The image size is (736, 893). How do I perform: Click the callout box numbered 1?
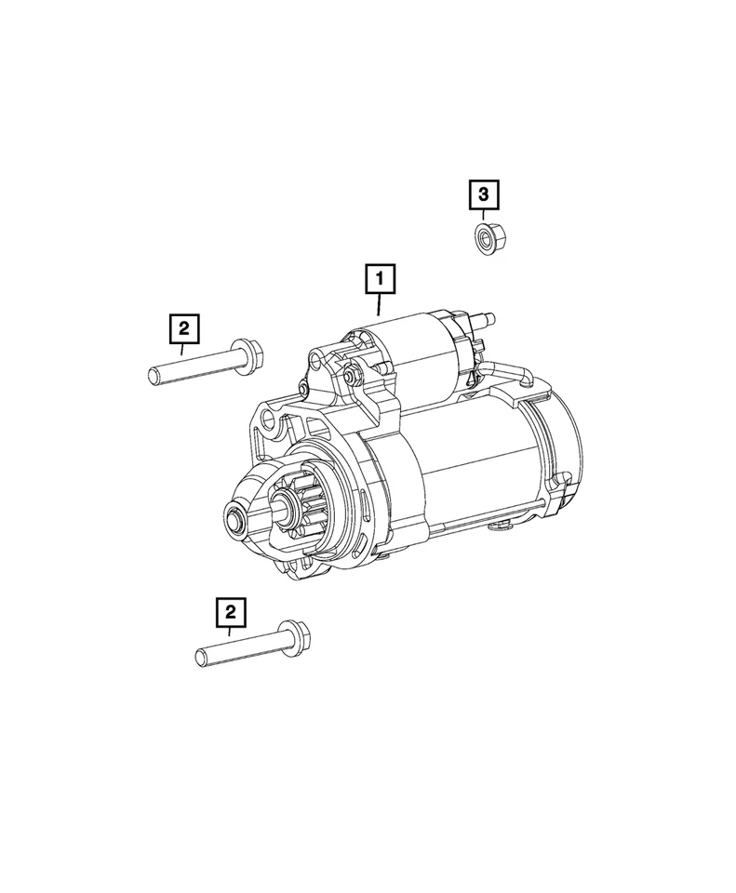[x=380, y=278]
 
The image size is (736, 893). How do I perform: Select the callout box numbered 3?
[x=483, y=194]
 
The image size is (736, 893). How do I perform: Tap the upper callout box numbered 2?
[x=183, y=327]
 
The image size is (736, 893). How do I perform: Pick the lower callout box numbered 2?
[x=230, y=612]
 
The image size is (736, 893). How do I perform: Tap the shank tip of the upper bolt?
[x=154, y=375]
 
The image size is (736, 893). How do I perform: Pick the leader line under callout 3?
[x=483, y=216]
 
